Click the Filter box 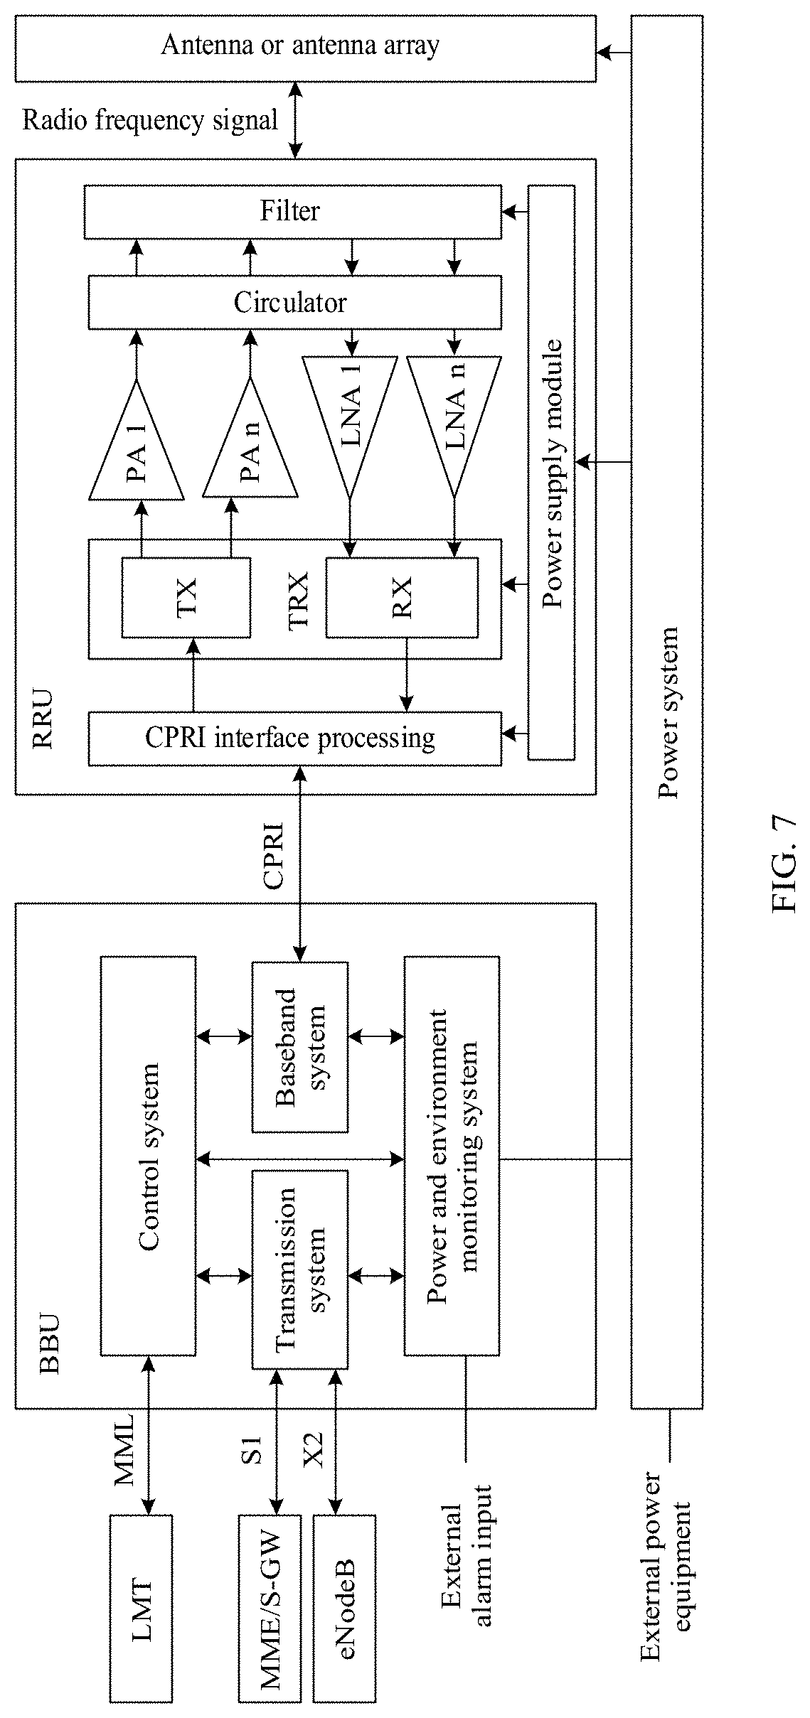click(292, 212)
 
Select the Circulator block click(294, 303)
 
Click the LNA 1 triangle click(349, 419)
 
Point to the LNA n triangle click(454, 419)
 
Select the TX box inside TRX click(186, 597)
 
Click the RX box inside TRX click(402, 597)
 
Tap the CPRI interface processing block click(294, 739)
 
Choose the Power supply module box click(551, 473)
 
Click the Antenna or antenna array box click(305, 48)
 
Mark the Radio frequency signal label click(150, 120)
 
